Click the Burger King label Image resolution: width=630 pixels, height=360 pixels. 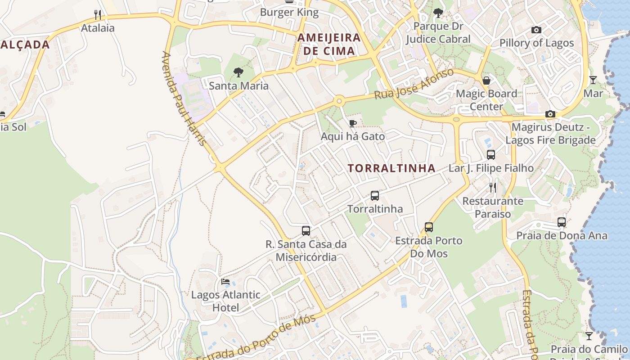click(x=289, y=13)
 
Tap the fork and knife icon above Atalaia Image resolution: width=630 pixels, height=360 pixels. click(x=98, y=15)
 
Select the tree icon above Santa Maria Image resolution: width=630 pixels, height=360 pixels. click(x=238, y=72)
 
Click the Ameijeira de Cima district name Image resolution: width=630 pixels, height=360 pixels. click(x=329, y=44)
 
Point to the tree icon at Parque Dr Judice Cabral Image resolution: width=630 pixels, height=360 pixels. click(x=438, y=13)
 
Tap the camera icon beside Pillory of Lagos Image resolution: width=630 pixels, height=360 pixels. click(x=536, y=30)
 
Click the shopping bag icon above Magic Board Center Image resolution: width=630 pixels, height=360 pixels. click(x=486, y=81)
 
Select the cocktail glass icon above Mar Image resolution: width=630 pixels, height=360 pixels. click(x=593, y=80)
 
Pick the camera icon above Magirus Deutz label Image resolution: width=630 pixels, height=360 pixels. click(x=550, y=114)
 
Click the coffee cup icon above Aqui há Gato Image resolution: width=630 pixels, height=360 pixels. click(x=353, y=123)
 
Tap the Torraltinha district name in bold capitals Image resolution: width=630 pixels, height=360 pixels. click(x=391, y=168)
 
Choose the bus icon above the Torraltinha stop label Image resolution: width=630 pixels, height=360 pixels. click(x=375, y=196)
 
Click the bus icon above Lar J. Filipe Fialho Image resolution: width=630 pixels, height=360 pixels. click(x=491, y=155)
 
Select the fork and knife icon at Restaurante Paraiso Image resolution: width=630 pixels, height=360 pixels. click(x=493, y=187)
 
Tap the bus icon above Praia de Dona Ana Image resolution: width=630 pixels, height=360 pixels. click(x=562, y=222)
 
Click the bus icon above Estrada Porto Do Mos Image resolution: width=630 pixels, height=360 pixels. click(x=429, y=227)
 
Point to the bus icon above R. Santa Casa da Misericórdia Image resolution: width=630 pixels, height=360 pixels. click(x=306, y=231)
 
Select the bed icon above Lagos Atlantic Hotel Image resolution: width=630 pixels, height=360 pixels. click(x=225, y=282)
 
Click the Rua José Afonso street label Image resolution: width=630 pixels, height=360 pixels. click(x=414, y=84)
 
